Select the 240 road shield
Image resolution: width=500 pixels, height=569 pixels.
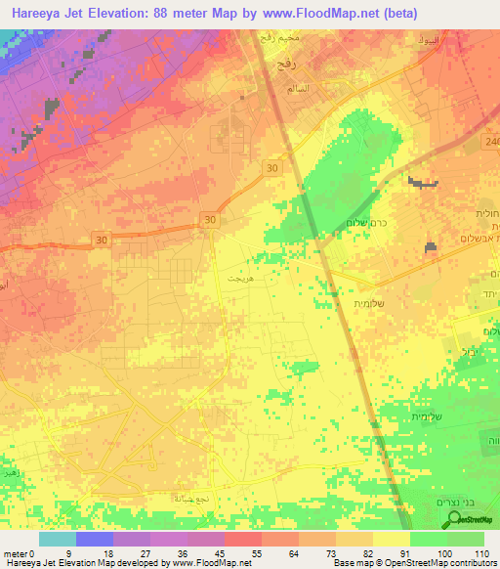(x=489, y=142)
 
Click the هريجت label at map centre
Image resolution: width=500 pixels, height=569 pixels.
(x=238, y=279)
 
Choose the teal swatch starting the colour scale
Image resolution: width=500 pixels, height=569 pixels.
(x=58, y=539)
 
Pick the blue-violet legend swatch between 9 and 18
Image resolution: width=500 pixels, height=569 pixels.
(x=95, y=539)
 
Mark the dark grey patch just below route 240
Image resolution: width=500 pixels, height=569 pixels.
(x=422, y=182)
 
